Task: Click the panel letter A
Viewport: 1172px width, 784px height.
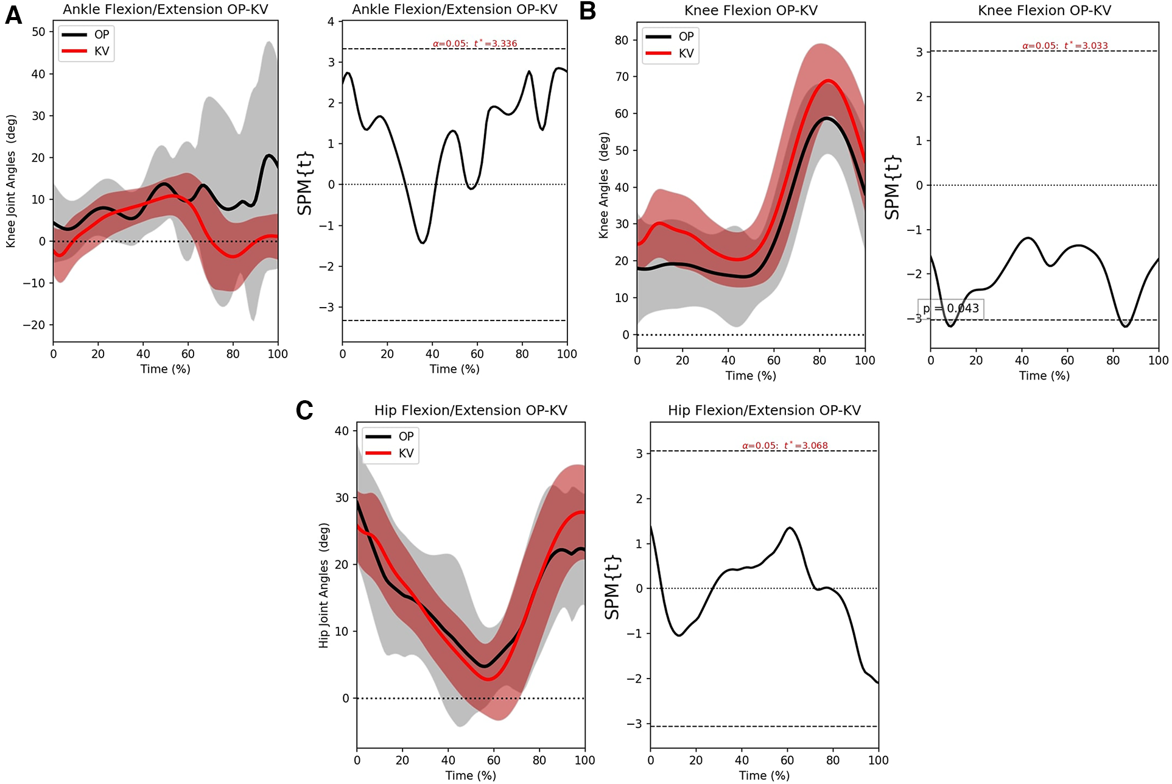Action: [x=13, y=15]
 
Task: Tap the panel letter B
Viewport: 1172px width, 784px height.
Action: [x=588, y=12]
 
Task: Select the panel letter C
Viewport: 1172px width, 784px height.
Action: [x=304, y=410]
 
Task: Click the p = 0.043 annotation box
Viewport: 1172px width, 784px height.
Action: [x=950, y=309]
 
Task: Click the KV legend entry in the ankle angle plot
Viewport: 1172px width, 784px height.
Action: [x=87, y=51]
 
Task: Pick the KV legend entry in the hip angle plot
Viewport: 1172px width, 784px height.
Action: [x=391, y=453]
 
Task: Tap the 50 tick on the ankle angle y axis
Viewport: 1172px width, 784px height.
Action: [x=38, y=32]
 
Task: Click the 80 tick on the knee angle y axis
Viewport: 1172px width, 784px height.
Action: [x=621, y=40]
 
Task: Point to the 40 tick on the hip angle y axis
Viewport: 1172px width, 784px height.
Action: [x=342, y=431]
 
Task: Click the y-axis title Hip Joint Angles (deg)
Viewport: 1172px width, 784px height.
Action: [x=323, y=585]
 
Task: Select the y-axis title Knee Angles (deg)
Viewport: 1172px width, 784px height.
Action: [x=603, y=185]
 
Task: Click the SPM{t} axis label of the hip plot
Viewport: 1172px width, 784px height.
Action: [x=611, y=587]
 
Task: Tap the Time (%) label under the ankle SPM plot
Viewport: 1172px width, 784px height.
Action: [x=454, y=369]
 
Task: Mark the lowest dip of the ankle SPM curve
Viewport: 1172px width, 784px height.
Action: [x=422, y=243]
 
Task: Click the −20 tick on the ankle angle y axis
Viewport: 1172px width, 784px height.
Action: [x=34, y=325]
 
